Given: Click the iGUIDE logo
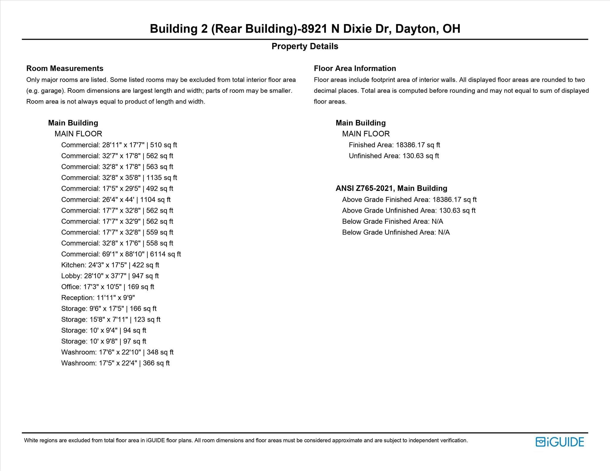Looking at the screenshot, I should pyautogui.click(x=560, y=442).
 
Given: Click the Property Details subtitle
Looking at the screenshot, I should pyautogui.click(x=305, y=46).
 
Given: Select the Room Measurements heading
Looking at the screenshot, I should pyautogui.click(x=65, y=68).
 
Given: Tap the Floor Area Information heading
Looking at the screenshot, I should pyautogui.click(x=355, y=68).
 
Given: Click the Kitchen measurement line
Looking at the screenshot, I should pyautogui.click(x=110, y=265).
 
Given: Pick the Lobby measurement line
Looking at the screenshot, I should pyautogui.click(x=110, y=276).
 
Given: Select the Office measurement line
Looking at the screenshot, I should pyautogui.click(x=108, y=287).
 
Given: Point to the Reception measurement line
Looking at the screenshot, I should pyautogui.click(x=98, y=298).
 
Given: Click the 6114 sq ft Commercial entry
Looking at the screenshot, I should pyautogui.click(x=121, y=254).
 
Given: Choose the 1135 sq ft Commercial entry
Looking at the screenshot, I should pyautogui.click(x=119, y=178).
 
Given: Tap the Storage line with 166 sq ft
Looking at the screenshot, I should pyautogui.click(x=109, y=309).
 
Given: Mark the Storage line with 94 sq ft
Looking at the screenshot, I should pyautogui.click(x=104, y=330).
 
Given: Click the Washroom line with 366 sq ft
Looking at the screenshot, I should pyautogui.click(x=115, y=363).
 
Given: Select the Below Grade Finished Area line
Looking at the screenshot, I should pyautogui.click(x=392, y=221).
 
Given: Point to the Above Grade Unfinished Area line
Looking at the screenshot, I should pyautogui.click(x=409, y=211).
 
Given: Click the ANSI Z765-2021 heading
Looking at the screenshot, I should pyautogui.click(x=391, y=188).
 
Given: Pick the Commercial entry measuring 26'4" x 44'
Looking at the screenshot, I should pyautogui.click(x=116, y=200).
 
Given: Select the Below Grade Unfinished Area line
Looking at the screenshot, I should pyautogui.click(x=396, y=232).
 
